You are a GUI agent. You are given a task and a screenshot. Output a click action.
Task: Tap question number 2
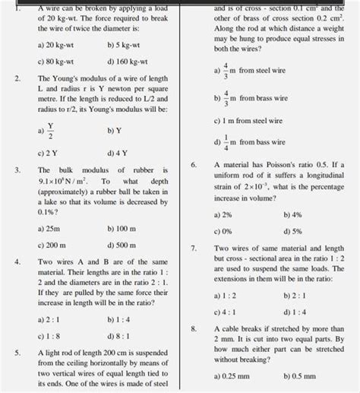17,79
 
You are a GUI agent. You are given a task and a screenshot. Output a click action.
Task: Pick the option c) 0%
224,232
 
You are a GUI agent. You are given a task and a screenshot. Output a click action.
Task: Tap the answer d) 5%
291,232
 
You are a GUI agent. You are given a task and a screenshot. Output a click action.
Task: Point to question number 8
194,328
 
